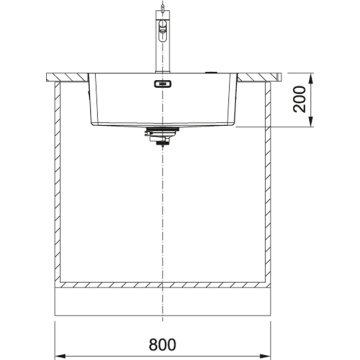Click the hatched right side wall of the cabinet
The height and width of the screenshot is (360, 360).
point(270,190)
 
